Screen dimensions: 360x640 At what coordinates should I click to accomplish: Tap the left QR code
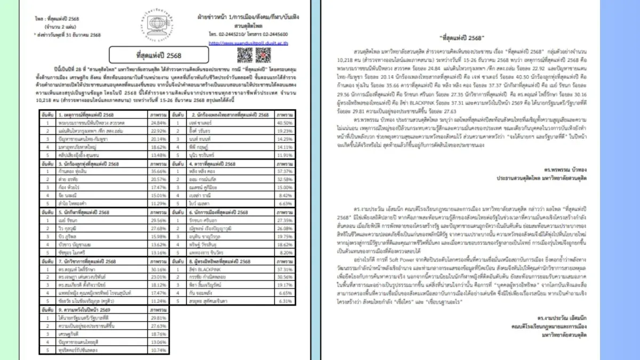(245, 54)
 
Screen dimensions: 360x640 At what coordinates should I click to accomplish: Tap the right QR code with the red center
(263, 54)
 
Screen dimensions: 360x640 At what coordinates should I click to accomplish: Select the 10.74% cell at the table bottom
(157, 350)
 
